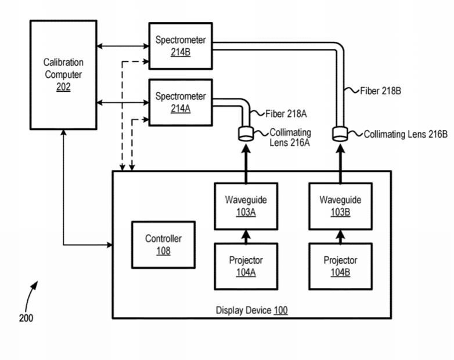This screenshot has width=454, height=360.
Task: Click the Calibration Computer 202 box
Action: (63, 74)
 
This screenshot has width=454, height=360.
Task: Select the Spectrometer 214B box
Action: (181, 46)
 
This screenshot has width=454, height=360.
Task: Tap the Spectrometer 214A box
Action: (181, 102)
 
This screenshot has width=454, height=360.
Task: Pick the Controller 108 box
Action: (163, 244)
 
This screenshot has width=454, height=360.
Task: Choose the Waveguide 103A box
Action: (246, 206)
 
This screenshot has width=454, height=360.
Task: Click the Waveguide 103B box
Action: (340, 206)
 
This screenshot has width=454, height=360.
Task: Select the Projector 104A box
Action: (246, 266)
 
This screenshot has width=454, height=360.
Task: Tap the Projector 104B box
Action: (340, 266)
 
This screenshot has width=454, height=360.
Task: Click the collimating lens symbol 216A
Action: (246, 135)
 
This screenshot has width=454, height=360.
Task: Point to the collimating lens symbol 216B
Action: (340, 135)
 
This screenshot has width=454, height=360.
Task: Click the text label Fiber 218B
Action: (381, 91)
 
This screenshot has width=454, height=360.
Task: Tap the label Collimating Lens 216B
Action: (406, 134)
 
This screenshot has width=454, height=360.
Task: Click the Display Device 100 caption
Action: (251, 310)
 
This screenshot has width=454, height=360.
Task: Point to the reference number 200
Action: (26, 318)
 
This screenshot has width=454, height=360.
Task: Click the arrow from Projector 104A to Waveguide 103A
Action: (246, 236)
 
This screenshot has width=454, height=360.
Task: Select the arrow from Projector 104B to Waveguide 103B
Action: (340, 236)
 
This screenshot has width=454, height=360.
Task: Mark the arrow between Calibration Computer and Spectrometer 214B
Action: (122, 46)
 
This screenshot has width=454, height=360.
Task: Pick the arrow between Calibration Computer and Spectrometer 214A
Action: (122, 103)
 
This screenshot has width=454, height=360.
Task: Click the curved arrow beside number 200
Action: (30, 295)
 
